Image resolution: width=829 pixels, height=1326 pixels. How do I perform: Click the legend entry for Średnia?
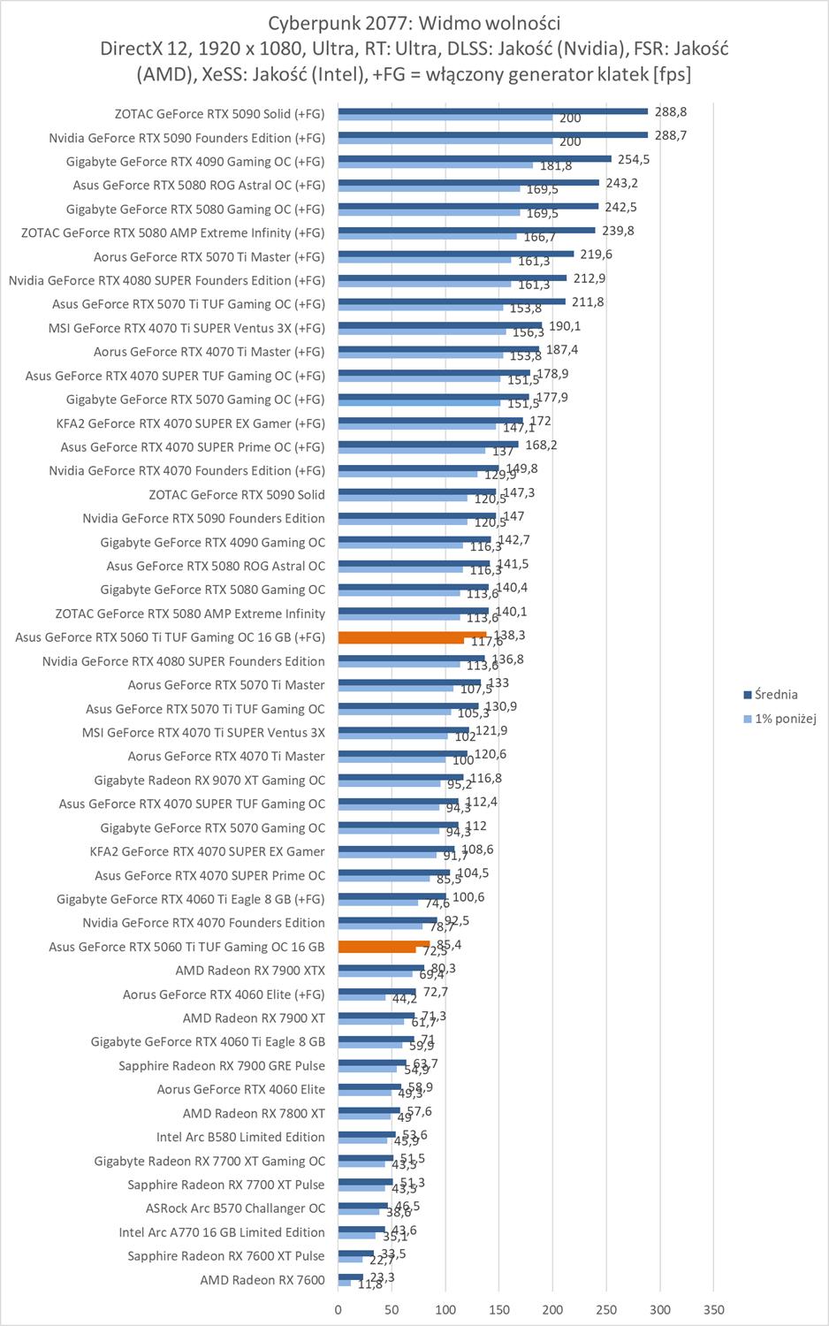[776, 695]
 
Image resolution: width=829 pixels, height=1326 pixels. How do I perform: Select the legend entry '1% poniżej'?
[785, 719]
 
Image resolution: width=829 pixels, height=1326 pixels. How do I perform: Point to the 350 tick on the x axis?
[714, 1310]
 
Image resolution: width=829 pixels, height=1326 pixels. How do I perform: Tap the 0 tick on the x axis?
[338, 1310]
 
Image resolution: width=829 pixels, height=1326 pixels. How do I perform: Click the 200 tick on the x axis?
[552, 1310]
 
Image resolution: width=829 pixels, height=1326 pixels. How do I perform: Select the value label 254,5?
[634, 160]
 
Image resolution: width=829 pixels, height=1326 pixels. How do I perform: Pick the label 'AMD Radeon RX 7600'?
[262, 1280]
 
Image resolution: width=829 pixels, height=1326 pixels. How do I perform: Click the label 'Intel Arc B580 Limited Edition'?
[240, 1137]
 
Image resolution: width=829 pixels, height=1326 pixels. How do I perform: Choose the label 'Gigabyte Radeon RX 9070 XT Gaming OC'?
[209, 781]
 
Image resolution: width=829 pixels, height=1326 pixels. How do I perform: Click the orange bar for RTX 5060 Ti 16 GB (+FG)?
[411, 634]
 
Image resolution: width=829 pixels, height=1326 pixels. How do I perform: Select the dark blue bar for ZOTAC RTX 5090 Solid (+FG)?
[492, 111]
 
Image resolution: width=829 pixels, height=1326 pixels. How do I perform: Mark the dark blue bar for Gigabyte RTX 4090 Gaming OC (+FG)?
[474, 159]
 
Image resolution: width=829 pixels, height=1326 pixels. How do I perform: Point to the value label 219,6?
[596, 255]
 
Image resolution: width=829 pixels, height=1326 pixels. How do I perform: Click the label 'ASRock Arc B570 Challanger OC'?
[235, 1208]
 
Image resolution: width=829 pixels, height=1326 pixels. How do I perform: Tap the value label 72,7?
[435, 993]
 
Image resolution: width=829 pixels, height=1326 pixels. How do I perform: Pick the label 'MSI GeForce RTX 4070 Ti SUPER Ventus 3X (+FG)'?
[186, 328]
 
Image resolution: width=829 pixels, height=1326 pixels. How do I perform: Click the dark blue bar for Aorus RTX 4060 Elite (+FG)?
[376, 992]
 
